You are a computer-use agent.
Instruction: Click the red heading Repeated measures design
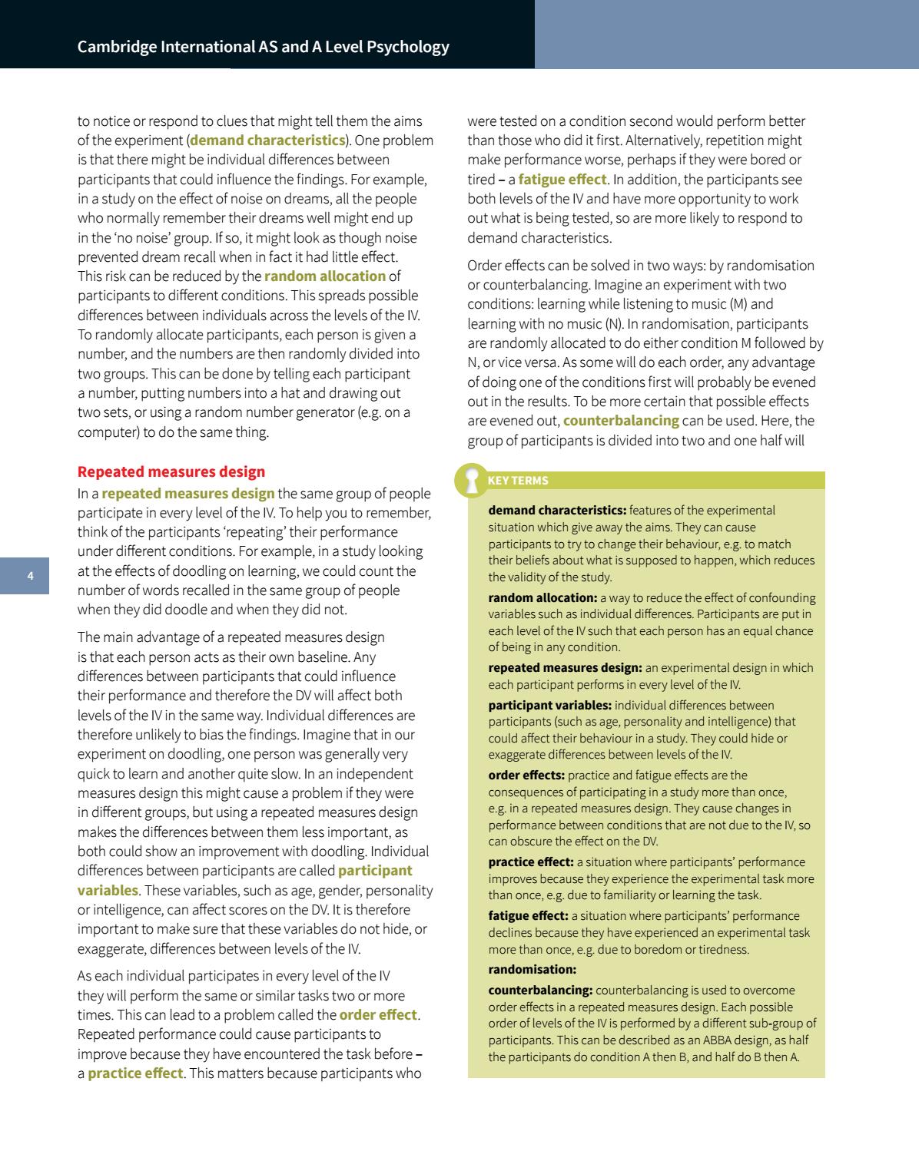[171, 471]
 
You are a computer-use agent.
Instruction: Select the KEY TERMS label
[518, 481]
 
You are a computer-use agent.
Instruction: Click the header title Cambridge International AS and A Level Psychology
[263, 47]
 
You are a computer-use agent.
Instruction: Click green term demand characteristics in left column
[267, 141]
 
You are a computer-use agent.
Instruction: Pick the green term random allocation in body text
[325, 276]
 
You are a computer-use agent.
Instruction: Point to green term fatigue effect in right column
[562, 180]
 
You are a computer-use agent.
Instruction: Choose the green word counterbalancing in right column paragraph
[621, 421]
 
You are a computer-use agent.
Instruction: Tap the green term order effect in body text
[378, 1014]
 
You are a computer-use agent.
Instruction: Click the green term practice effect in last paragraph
[135, 1073]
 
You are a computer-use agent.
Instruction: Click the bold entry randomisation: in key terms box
[532, 969]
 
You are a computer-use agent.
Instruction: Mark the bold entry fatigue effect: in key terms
[528, 915]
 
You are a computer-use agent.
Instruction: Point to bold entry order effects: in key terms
[526, 775]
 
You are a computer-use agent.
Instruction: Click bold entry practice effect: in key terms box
[531, 862]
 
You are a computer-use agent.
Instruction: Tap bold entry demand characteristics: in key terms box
[557, 510]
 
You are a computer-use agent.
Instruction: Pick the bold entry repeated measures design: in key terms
[565, 667]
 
